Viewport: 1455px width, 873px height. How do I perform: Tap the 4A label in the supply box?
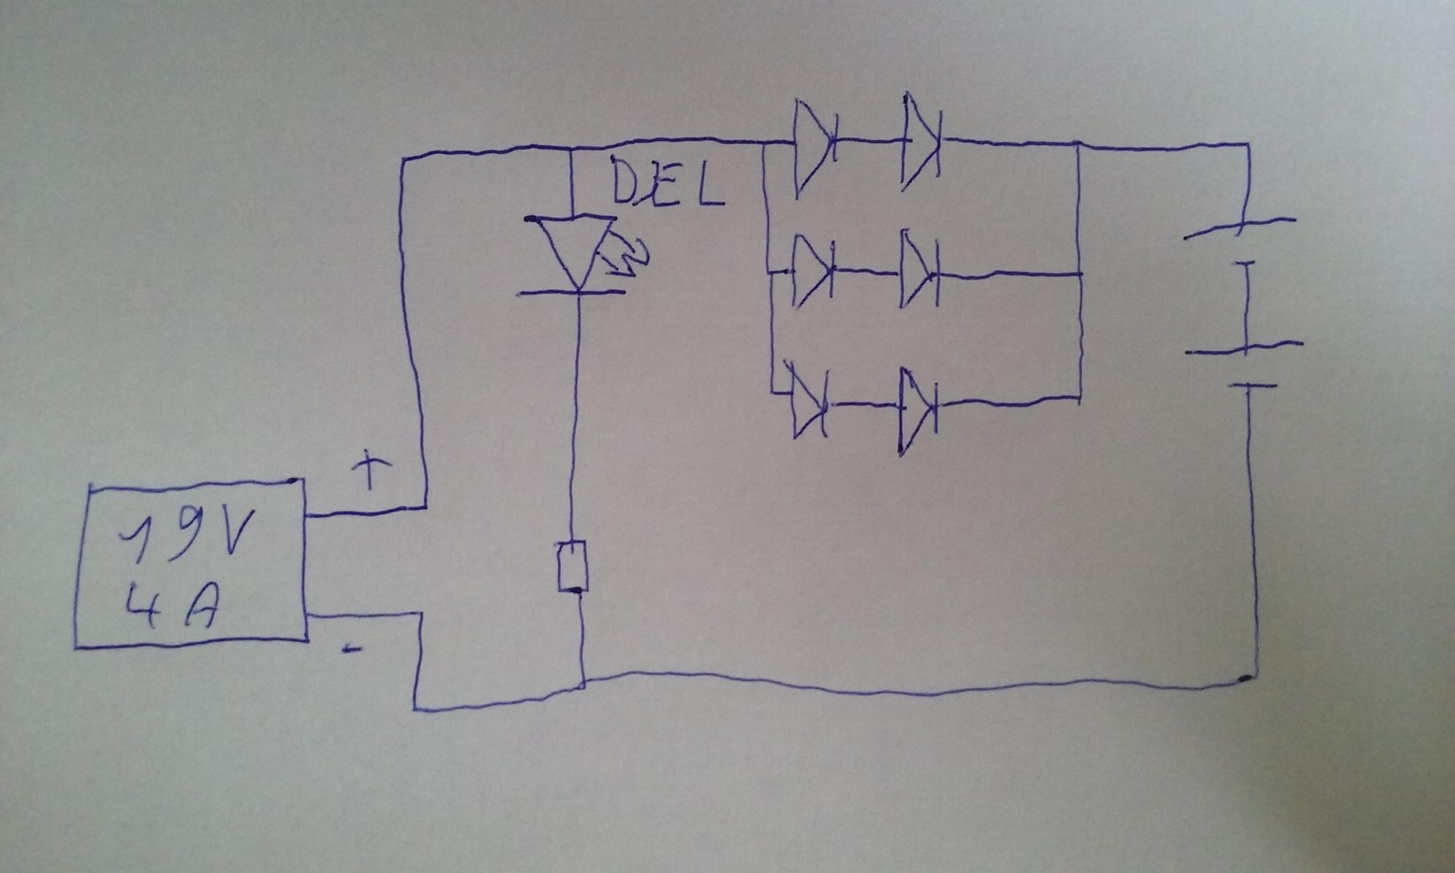171,607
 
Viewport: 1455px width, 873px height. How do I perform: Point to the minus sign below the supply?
352,648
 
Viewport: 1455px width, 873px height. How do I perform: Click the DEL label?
666,182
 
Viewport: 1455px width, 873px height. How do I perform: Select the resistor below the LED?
573,566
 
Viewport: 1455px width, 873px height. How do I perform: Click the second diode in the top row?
921,143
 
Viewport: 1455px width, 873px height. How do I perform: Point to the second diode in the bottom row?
917,407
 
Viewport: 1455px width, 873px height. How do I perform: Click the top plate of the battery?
1240,228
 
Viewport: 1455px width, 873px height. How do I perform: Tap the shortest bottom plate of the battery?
1251,386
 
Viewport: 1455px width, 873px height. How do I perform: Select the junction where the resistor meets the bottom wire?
583,682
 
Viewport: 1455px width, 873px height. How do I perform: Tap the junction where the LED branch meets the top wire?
571,149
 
